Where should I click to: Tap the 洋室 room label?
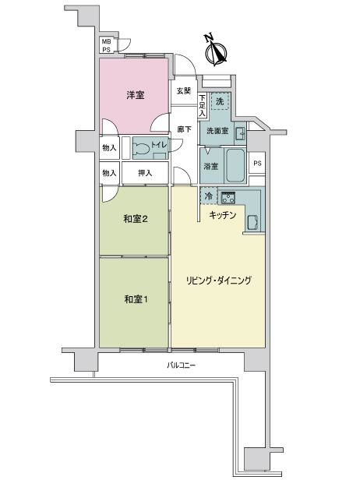coord(136,95)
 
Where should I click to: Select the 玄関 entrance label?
coord(184,91)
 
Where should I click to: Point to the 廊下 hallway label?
coord(184,129)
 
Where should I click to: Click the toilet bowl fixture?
coord(142,150)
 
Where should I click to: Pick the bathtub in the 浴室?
coord(235,165)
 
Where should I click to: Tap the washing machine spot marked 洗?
coord(220,101)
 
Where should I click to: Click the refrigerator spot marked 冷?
coord(209,196)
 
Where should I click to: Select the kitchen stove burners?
coord(228,198)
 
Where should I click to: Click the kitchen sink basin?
coord(253,222)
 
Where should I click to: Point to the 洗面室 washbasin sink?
coord(241,134)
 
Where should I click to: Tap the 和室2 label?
coord(136,219)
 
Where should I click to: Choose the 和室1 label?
coord(136,299)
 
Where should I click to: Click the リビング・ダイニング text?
coord(219,281)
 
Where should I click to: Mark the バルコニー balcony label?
coord(182,365)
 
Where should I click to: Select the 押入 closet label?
coord(145,173)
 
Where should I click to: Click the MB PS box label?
coord(107,45)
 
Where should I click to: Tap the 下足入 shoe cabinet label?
coord(203,106)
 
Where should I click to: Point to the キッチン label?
coord(223,215)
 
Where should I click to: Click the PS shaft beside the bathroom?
coord(257,163)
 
